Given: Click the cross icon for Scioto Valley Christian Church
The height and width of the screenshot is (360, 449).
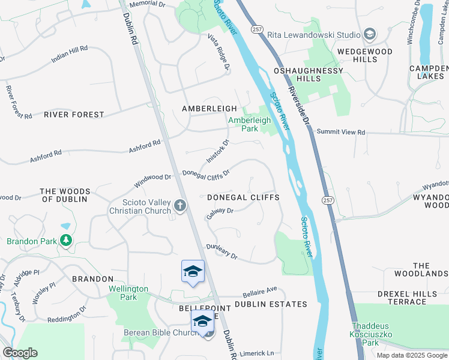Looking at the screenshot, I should point(179,206).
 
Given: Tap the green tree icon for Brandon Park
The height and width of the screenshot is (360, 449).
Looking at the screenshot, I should point(65,241).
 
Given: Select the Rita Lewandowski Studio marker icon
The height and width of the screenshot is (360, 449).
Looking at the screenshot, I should point(370,34).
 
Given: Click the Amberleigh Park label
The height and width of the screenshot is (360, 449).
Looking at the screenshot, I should point(250,124).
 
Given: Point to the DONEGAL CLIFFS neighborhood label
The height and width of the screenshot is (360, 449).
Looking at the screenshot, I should point(243,197).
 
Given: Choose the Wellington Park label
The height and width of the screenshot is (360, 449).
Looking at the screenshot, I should point(128,293).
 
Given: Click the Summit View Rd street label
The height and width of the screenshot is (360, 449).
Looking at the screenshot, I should point(340,132).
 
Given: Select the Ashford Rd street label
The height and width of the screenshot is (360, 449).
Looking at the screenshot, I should point(145,147).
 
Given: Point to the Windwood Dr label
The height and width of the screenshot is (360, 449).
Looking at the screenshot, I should point(152,178).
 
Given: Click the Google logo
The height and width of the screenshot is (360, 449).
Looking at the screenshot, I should point(20,353).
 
